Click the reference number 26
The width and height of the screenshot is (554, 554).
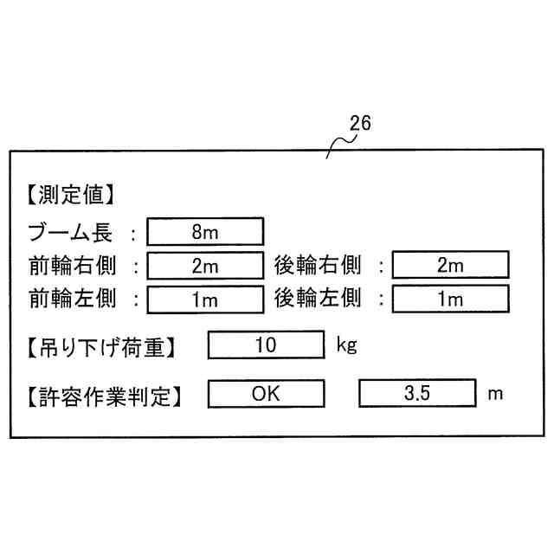(x=360, y=124)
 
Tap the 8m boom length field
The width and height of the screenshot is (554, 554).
(x=205, y=232)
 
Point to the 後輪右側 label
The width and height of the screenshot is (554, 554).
(x=318, y=265)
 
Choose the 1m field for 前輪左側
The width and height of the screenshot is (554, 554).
(x=205, y=300)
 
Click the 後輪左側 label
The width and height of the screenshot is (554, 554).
(x=318, y=299)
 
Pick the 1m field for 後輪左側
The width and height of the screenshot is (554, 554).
(x=450, y=300)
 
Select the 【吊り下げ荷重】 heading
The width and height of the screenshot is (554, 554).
(x=101, y=348)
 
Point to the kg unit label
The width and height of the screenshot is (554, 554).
(x=346, y=346)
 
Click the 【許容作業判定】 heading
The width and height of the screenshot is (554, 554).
(x=101, y=396)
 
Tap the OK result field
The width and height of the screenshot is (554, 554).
(x=266, y=394)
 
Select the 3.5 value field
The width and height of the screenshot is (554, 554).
(x=416, y=394)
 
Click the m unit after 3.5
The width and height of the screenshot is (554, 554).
(x=494, y=394)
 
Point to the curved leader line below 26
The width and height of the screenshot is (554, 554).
(x=338, y=144)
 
